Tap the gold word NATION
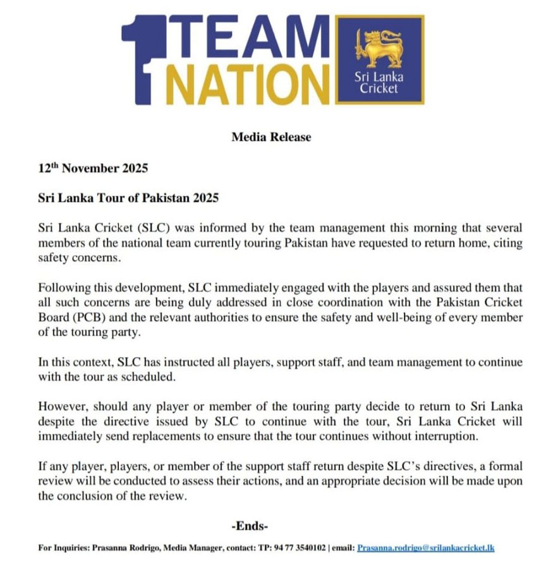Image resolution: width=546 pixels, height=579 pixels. click(246, 83)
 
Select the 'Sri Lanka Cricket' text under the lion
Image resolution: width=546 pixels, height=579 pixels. click(379, 83)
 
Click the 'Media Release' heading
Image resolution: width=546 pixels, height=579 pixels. click(272, 137)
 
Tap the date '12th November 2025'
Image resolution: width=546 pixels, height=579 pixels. click(93, 169)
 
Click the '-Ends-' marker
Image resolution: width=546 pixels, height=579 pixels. click(251, 525)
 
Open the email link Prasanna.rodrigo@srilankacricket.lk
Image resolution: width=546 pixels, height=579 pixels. click(425, 548)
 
